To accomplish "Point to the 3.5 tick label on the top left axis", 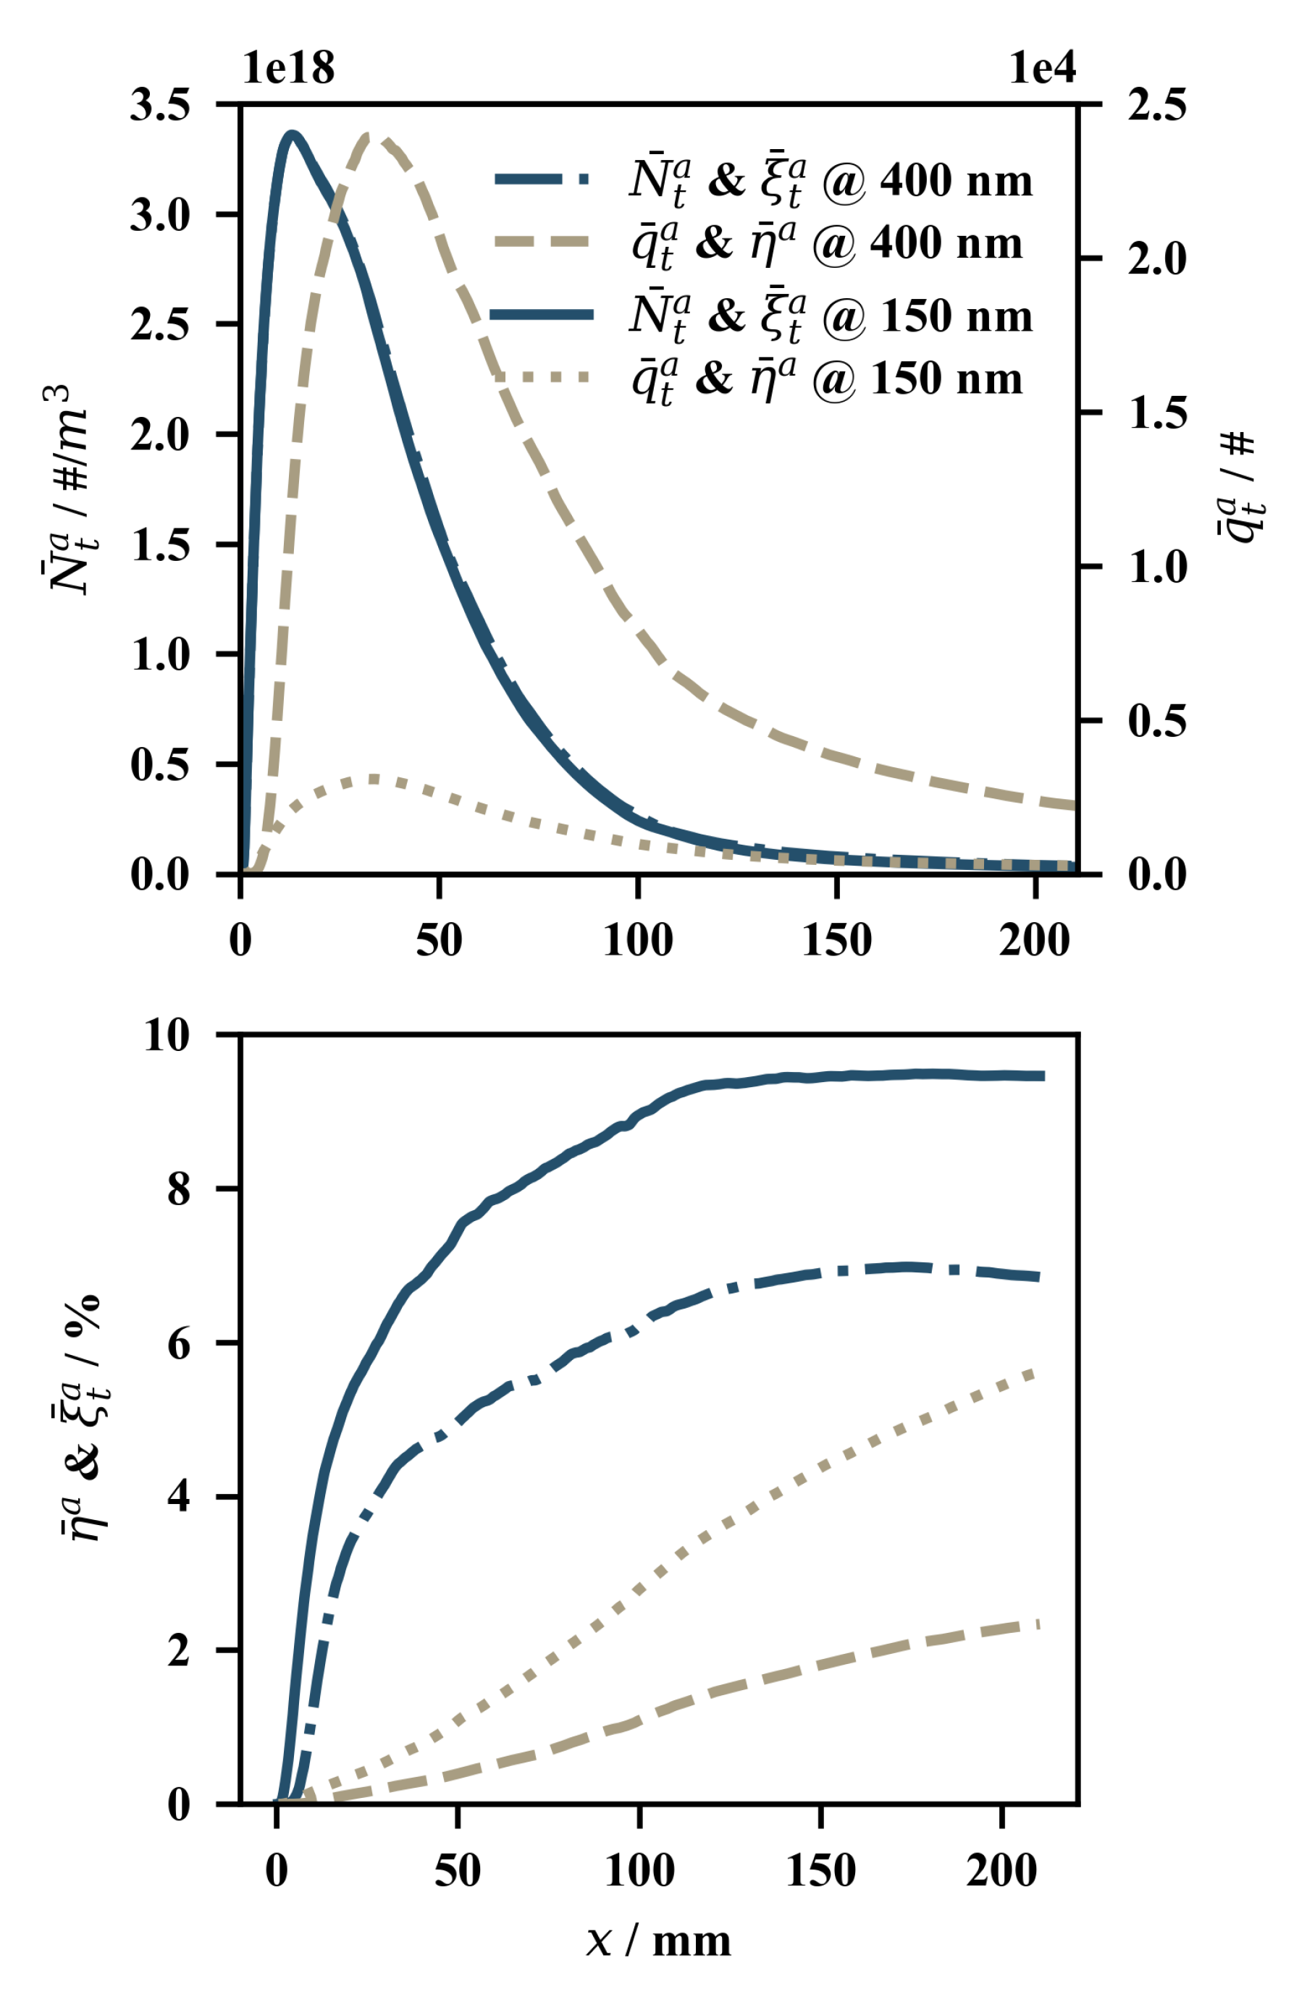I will click(x=160, y=105).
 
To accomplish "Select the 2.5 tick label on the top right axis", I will click(x=1156, y=105).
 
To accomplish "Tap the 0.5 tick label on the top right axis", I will click(x=1156, y=720).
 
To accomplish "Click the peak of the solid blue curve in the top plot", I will click(x=293, y=133).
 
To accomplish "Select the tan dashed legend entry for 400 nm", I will click(x=760, y=243).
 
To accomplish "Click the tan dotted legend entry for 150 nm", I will click(x=760, y=379).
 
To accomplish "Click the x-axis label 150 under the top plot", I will click(x=836, y=940).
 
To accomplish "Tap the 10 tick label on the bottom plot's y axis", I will click(x=167, y=1034).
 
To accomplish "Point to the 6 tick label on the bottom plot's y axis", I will click(x=179, y=1343).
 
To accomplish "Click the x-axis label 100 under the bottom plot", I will click(x=639, y=1870).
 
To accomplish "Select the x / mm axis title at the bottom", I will click(x=657, y=1941).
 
